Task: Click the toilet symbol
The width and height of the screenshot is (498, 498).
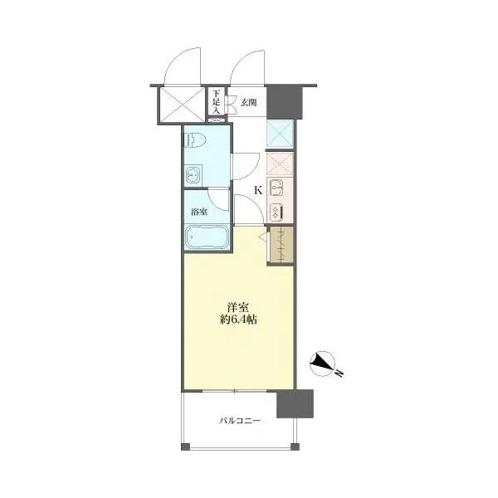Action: point(196,140)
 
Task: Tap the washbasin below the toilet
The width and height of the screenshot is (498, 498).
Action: point(193,174)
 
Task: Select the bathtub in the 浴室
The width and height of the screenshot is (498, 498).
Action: point(206,237)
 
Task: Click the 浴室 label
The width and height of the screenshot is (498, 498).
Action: point(199,212)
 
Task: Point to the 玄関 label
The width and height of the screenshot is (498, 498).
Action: point(249,103)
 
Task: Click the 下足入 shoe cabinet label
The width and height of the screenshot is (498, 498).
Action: point(217,102)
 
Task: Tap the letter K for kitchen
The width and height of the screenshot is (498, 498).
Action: point(258,190)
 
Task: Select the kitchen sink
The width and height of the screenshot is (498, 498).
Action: point(276,188)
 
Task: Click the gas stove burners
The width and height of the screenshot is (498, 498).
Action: point(276,212)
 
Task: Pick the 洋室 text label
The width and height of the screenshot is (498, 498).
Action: point(238,307)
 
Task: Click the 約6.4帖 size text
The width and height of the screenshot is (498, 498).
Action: point(238,320)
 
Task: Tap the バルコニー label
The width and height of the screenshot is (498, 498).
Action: point(240,421)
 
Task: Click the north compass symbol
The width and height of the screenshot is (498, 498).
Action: point(323,364)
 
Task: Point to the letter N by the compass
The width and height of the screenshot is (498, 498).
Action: point(339,373)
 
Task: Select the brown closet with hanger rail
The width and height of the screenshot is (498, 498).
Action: point(281,245)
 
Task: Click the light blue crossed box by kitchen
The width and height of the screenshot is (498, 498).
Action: point(280,134)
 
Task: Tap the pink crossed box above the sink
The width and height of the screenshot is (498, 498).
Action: point(280,164)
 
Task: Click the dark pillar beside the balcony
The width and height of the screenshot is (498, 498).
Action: point(295,403)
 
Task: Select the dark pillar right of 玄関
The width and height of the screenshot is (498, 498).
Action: point(284,102)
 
